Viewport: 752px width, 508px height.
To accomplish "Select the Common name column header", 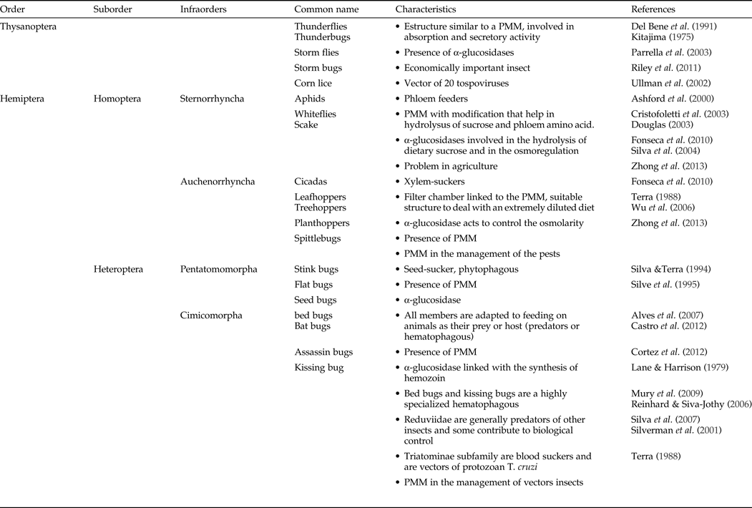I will point(326,9).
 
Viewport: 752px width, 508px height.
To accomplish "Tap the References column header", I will point(653,9).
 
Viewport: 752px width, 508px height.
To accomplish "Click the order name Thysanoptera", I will point(29,26).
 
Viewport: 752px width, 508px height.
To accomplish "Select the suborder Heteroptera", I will point(119,269).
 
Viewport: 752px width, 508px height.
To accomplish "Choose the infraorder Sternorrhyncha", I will point(213,99).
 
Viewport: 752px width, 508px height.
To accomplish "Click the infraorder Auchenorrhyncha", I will point(217,182).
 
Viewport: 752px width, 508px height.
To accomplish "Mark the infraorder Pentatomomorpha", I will point(219,269).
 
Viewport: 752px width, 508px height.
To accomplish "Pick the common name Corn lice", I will point(315,83).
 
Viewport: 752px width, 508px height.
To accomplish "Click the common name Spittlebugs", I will point(318,238).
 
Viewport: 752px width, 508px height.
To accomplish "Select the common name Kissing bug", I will point(319,368).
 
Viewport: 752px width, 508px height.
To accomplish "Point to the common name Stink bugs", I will point(316,269).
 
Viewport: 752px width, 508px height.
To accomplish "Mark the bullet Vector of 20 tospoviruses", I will point(458,83).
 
